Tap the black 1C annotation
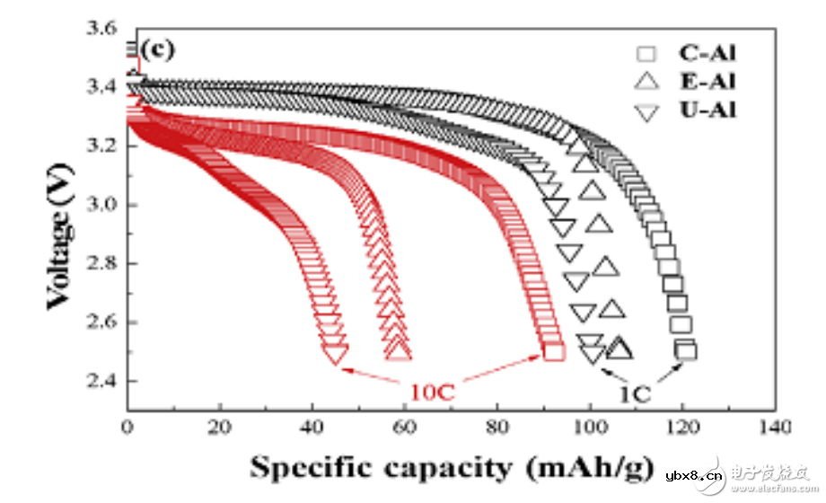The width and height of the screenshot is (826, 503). click(635, 392)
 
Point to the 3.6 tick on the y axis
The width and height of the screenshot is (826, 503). click(101, 29)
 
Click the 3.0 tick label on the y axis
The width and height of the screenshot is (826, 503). click(101, 205)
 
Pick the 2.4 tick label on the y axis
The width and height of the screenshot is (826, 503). click(101, 381)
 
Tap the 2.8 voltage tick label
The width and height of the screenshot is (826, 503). click(101, 263)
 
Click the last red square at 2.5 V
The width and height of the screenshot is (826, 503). click(554, 351)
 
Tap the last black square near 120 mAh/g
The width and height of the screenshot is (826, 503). click(687, 350)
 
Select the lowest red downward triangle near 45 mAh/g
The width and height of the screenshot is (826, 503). click(336, 356)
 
